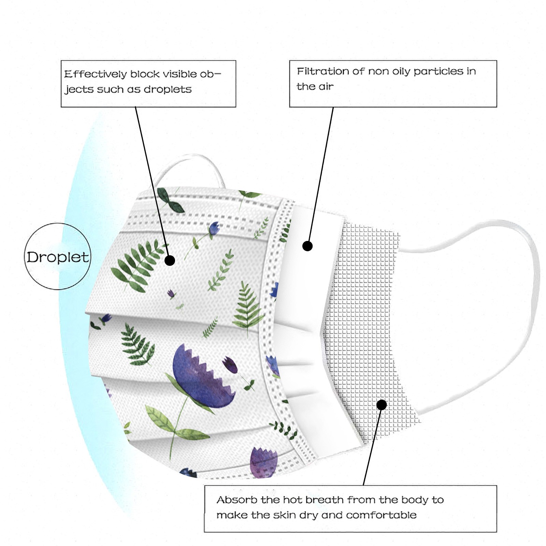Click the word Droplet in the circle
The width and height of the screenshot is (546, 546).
[x=58, y=257]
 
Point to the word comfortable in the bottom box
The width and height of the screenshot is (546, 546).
[x=381, y=515]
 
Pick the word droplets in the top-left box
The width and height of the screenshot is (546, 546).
[x=168, y=89]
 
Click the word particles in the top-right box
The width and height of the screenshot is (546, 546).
[x=439, y=71]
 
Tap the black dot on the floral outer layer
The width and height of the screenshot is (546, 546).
[x=170, y=260]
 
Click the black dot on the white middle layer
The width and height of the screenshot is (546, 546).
[x=307, y=246]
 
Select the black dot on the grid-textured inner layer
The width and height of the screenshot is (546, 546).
[x=382, y=405]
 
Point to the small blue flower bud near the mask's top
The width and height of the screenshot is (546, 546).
[x=214, y=228]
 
